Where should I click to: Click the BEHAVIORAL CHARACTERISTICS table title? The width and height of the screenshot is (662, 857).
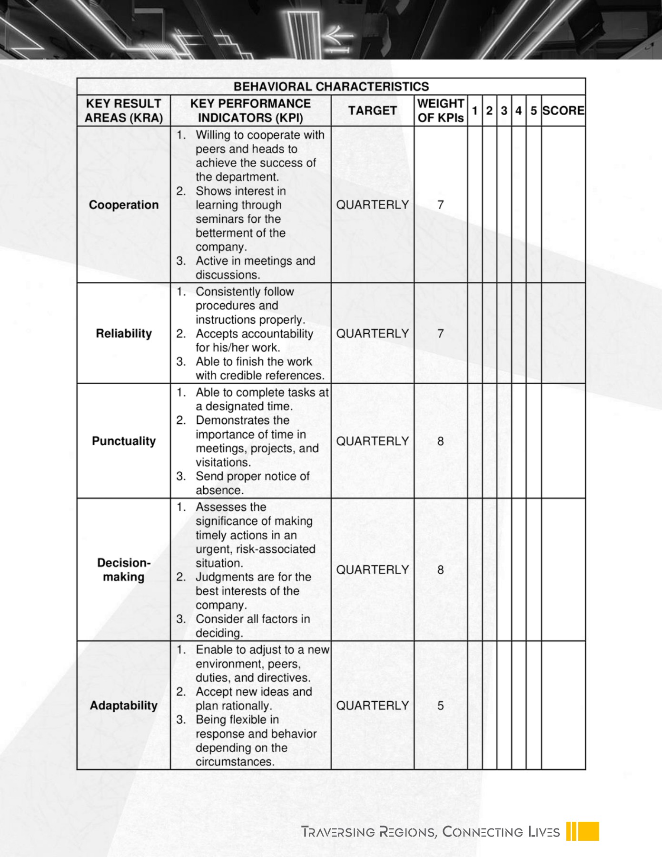331,87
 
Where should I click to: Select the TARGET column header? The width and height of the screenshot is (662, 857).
372,110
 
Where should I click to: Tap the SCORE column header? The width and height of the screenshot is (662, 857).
563,110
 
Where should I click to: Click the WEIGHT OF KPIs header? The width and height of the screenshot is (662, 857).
440,110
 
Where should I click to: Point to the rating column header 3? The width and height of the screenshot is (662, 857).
504,110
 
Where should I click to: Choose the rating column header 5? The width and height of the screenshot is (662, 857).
534,110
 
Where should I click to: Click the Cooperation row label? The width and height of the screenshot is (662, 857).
124,205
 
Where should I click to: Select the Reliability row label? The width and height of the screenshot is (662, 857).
124,333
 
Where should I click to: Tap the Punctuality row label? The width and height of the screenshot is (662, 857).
124,441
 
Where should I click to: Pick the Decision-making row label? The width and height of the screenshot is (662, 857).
124,569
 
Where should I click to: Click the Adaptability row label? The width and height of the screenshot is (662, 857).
124,705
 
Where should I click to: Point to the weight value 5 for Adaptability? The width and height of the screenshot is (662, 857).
440,705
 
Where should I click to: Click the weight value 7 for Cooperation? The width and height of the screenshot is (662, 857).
440,205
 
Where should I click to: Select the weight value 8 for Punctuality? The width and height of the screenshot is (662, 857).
440,441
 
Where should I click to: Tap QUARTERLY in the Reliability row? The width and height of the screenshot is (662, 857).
372,333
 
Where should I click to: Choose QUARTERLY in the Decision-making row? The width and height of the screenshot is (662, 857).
372,569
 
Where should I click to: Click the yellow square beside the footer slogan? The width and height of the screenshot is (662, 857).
589,831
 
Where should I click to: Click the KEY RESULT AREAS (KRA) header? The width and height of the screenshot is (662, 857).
124,110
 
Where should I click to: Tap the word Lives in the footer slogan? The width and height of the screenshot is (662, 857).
544,832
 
